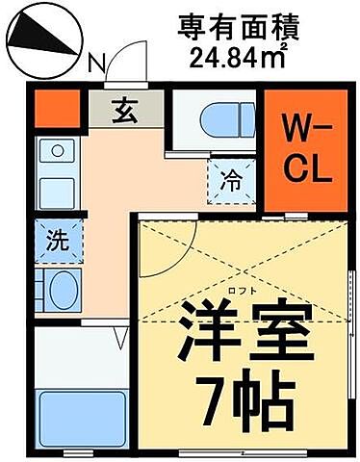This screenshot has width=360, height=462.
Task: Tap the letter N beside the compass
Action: (94, 65)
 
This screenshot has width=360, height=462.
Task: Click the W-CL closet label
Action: (307, 150)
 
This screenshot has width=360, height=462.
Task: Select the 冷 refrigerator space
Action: (230, 179)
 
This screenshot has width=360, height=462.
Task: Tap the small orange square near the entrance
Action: (50, 108)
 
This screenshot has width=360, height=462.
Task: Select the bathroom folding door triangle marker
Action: (121, 338)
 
